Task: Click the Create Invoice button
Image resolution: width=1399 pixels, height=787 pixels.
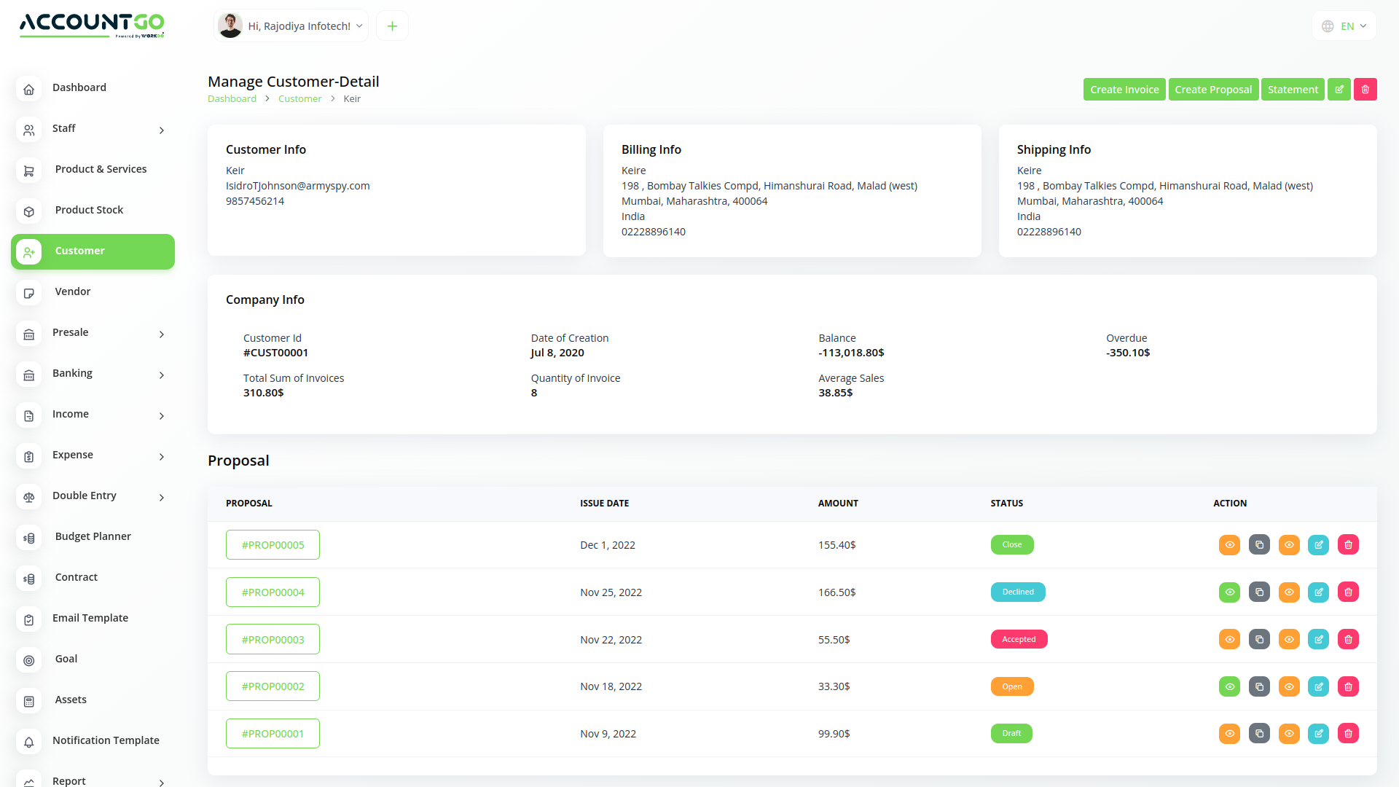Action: pos(1124,90)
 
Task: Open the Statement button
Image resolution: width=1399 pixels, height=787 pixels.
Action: pos(1292,90)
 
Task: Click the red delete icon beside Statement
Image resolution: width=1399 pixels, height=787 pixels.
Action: pos(1365,90)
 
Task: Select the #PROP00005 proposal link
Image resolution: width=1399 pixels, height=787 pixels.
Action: pos(273,545)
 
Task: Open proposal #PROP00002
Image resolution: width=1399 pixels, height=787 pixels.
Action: pos(273,686)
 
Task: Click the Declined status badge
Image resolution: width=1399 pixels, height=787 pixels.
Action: pos(1017,592)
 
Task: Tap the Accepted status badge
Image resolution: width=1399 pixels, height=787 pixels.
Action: pos(1018,640)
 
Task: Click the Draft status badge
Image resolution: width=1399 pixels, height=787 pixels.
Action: pos(1011,734)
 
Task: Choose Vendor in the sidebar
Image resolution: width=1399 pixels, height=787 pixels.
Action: pos(73,291)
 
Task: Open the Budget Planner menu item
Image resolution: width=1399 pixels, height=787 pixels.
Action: pos(93,536)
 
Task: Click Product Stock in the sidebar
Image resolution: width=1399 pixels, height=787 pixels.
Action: pos(89,210)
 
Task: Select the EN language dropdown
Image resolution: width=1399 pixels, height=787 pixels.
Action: pos(1344,26)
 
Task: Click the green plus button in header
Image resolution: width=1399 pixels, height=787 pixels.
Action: pos(392,26)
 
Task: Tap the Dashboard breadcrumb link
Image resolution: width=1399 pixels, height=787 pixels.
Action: pos(232,99)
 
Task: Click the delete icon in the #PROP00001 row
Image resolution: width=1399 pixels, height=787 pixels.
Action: pos(1348,734)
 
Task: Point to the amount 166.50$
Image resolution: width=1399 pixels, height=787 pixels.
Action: pos(836,592)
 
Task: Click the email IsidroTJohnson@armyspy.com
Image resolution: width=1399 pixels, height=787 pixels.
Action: pos(297,186)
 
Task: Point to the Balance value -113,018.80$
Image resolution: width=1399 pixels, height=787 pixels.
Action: pos(851,353)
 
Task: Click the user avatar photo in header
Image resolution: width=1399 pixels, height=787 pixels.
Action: pos(230,26)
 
